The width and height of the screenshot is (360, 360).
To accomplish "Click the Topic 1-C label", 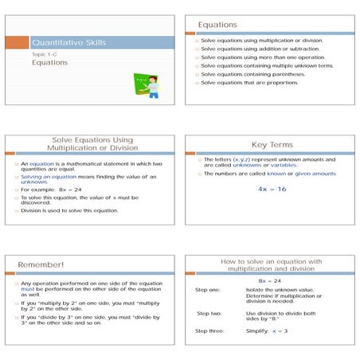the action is (x=44, y=53).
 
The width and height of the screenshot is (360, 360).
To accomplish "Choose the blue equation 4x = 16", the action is (x=272, y=189).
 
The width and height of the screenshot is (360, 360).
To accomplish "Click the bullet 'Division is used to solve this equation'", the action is (x=69, y=210).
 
